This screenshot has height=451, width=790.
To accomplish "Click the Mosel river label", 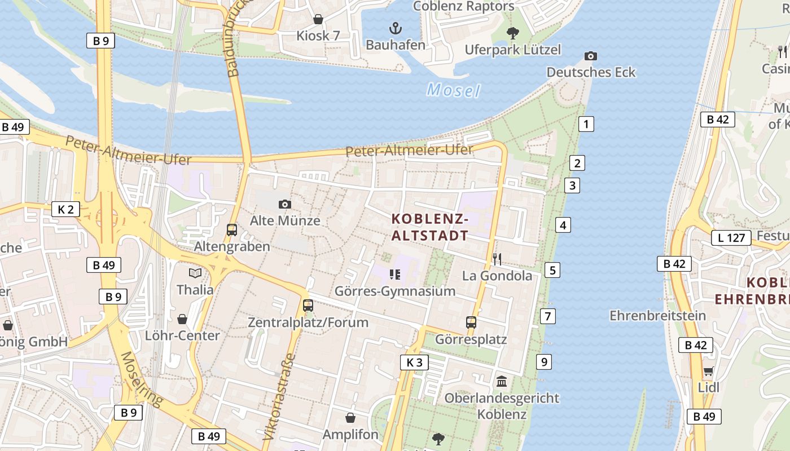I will (x=453, y=90).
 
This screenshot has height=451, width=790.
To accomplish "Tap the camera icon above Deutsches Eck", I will (x=591, y=56).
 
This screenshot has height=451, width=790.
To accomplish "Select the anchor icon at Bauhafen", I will (x=396, y=28).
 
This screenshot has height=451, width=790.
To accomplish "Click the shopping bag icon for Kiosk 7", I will (x=318, y=19).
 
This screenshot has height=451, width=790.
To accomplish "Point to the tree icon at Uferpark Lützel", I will (x=512, y=33).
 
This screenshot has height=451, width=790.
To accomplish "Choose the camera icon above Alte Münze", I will (x=285, y=204).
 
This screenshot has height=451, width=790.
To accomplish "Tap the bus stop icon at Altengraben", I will (x=232, y=230).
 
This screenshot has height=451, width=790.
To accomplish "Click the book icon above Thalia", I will (x=195, y=273).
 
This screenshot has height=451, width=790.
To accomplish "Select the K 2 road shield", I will (x=65, y=209).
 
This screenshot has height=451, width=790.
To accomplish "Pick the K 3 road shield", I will (x=414, y=362).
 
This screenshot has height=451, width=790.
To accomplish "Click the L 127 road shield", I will (x=731, y=238).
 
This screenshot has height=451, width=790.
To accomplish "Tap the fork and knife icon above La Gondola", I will (x=497, y=259).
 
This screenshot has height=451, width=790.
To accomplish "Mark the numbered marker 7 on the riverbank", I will (x=547, y=316).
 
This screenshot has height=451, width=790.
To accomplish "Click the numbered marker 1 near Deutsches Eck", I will (x=586, y=124).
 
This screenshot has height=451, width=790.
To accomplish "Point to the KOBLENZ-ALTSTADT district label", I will (x=430, y=227).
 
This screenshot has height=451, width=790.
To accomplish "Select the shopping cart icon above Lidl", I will (x=708, y=372).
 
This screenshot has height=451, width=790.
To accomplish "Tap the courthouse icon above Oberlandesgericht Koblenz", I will (x=502, y=382).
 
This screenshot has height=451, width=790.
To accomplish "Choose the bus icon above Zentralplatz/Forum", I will (x=308, y=306).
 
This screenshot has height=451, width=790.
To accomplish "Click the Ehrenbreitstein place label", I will (x=657, y=315).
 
